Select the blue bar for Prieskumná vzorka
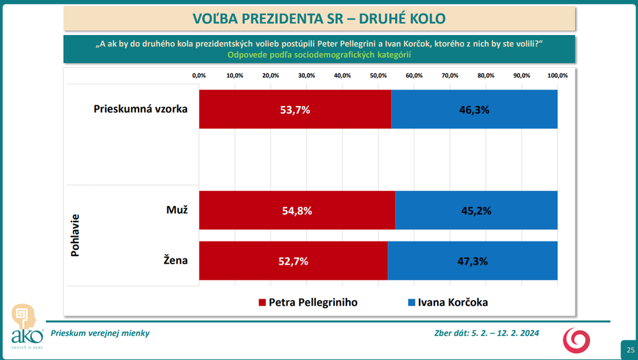(x=474, y=109)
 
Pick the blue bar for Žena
(x=472, y=261)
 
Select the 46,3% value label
(x=474, y=110)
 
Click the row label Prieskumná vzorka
(x=140, y=109)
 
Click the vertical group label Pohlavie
(x=75, y=235)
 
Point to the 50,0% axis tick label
(x=378, y=75)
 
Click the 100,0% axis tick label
(x=556, y=75)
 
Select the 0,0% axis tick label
(x=199, y=75)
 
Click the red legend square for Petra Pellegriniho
(x=261, y=302)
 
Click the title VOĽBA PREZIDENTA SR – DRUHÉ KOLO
(x=319, y=18)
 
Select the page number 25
(x=630, y=350)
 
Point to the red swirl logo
(x=576, y=340)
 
